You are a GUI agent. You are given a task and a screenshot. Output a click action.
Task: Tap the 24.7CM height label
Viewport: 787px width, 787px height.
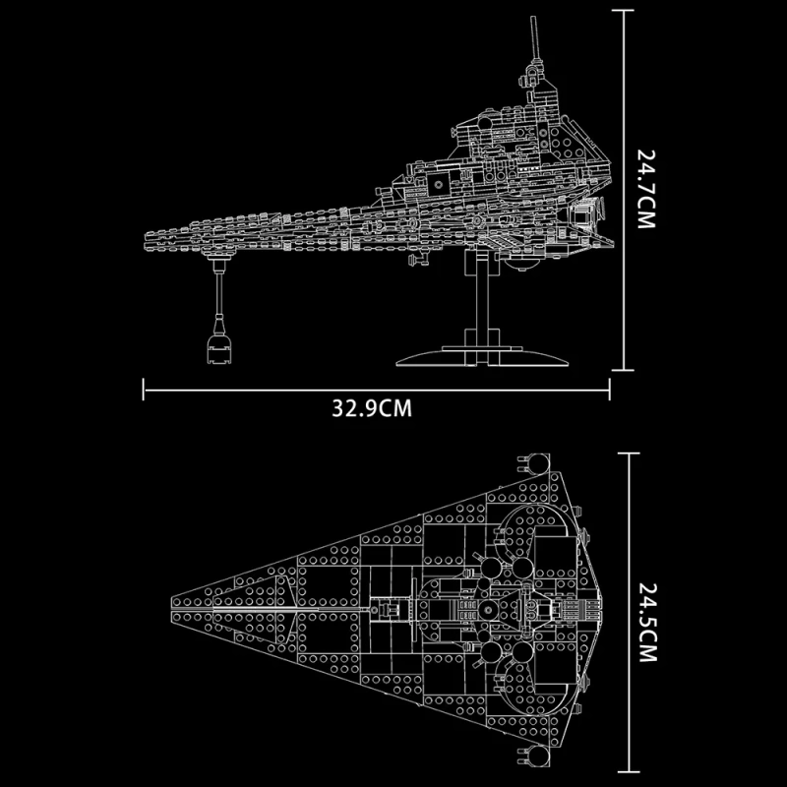(646, 190)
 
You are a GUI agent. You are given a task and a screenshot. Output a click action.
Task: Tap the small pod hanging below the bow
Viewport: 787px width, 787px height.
(218, 345)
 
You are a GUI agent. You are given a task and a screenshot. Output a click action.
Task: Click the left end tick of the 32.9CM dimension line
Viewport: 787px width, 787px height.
(144, 389)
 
